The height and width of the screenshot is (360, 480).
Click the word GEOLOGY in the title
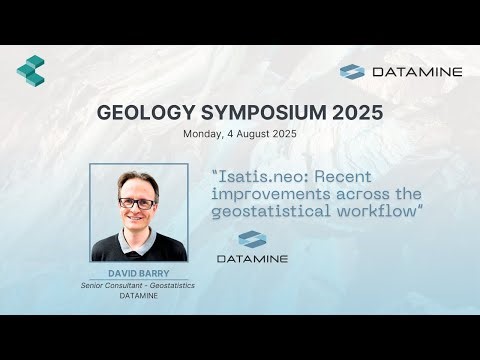(x=137, y=112)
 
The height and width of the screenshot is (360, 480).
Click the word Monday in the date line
(x=204, y=133)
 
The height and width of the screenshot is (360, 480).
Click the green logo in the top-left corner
(x=31, y=69)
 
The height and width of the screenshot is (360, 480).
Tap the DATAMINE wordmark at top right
(x=415, y=72)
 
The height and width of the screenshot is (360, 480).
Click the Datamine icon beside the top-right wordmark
(x=352, y=72)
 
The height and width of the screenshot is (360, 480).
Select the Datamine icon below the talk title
(x=252, y=239)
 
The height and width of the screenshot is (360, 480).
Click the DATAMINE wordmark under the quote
(x=252, y=259)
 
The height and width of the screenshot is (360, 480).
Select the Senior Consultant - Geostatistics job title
(x=138, y=286)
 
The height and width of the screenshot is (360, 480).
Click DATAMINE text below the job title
(x=138, y=297)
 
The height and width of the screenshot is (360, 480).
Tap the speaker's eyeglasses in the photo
(x=137, y=203)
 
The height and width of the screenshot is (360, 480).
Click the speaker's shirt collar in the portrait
(x=138, y=240)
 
